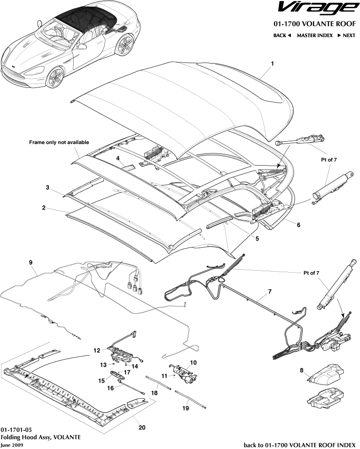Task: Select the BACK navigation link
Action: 282,35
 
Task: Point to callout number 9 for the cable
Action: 31,262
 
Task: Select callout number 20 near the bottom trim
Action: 142,427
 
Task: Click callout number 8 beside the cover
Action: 301,370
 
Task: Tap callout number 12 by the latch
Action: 97,350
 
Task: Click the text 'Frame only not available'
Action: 59,143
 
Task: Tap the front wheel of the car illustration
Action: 55,75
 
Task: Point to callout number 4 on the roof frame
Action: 118,158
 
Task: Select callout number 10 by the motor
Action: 193,363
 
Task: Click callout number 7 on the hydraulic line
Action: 269,294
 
